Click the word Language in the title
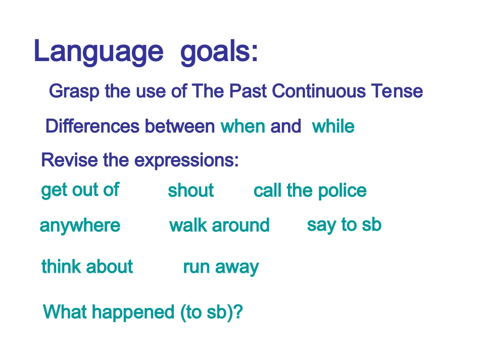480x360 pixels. pyautogui.click(x=99, y=52)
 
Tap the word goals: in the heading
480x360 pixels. pyautogui.click(x=219, y=52)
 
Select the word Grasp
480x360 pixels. pyautogui.click(x=74, y=91)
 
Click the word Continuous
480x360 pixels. pyautogui.click(x=319, y=91)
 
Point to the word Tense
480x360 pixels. pyautogui.click(x=397, y=91)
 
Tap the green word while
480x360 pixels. pyautogui.click(x=333, y=126)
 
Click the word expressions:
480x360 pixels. pyautogui.click(x=186, y=161)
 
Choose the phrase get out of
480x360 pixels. pyautogui.click(x=80, y=190)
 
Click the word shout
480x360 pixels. pyautogui.click(x=190, y=190)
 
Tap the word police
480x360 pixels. pyautogui.click(x=342, y=191)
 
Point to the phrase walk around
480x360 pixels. pyautogui.click(x=219, y=225)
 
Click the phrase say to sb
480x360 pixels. pyautogui.click(x=344, y=225)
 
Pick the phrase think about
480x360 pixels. pyautogui.click(x=87, y=266)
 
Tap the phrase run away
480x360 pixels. pyautogui.click(x=221, y=267)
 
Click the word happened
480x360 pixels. pyautogui.click(x=133, y=313)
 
